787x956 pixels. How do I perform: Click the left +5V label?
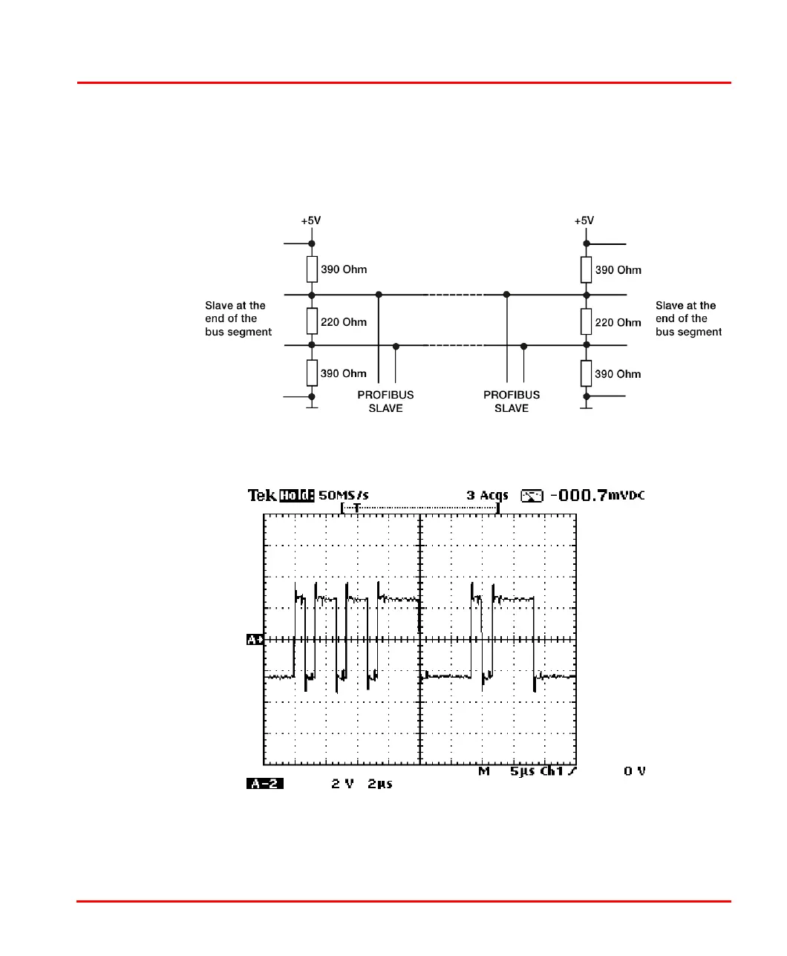pos(311,220)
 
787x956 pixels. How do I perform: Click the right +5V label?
pos(584,220)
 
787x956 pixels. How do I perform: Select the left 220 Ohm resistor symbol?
pos(312,321)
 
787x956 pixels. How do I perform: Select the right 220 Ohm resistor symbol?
pos(587,321)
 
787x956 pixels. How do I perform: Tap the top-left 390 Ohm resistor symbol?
pos(312,269)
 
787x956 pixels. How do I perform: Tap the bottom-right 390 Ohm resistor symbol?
pos(587,373)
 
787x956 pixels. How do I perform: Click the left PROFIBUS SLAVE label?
pos(385,402)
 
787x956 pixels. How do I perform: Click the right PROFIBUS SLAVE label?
pos(512,402)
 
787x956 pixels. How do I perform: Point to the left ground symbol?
pos(312,407)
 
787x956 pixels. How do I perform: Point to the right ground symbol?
pos(587,407)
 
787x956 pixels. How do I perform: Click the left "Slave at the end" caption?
pos(238,318)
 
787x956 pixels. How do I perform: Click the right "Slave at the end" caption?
pos(688,318)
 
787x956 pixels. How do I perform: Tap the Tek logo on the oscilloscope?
pos(262,495)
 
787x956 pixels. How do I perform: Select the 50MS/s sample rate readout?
pos(344,495)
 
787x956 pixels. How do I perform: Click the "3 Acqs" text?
pos(487,495)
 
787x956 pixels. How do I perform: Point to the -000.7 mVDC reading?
pos(596,495)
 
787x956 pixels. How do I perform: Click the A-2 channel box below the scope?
pos(265,783)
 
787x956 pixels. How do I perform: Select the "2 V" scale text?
pos(342,783)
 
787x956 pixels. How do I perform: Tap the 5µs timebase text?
pos(523,771)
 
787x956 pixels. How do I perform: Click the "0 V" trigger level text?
pos(635,771)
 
